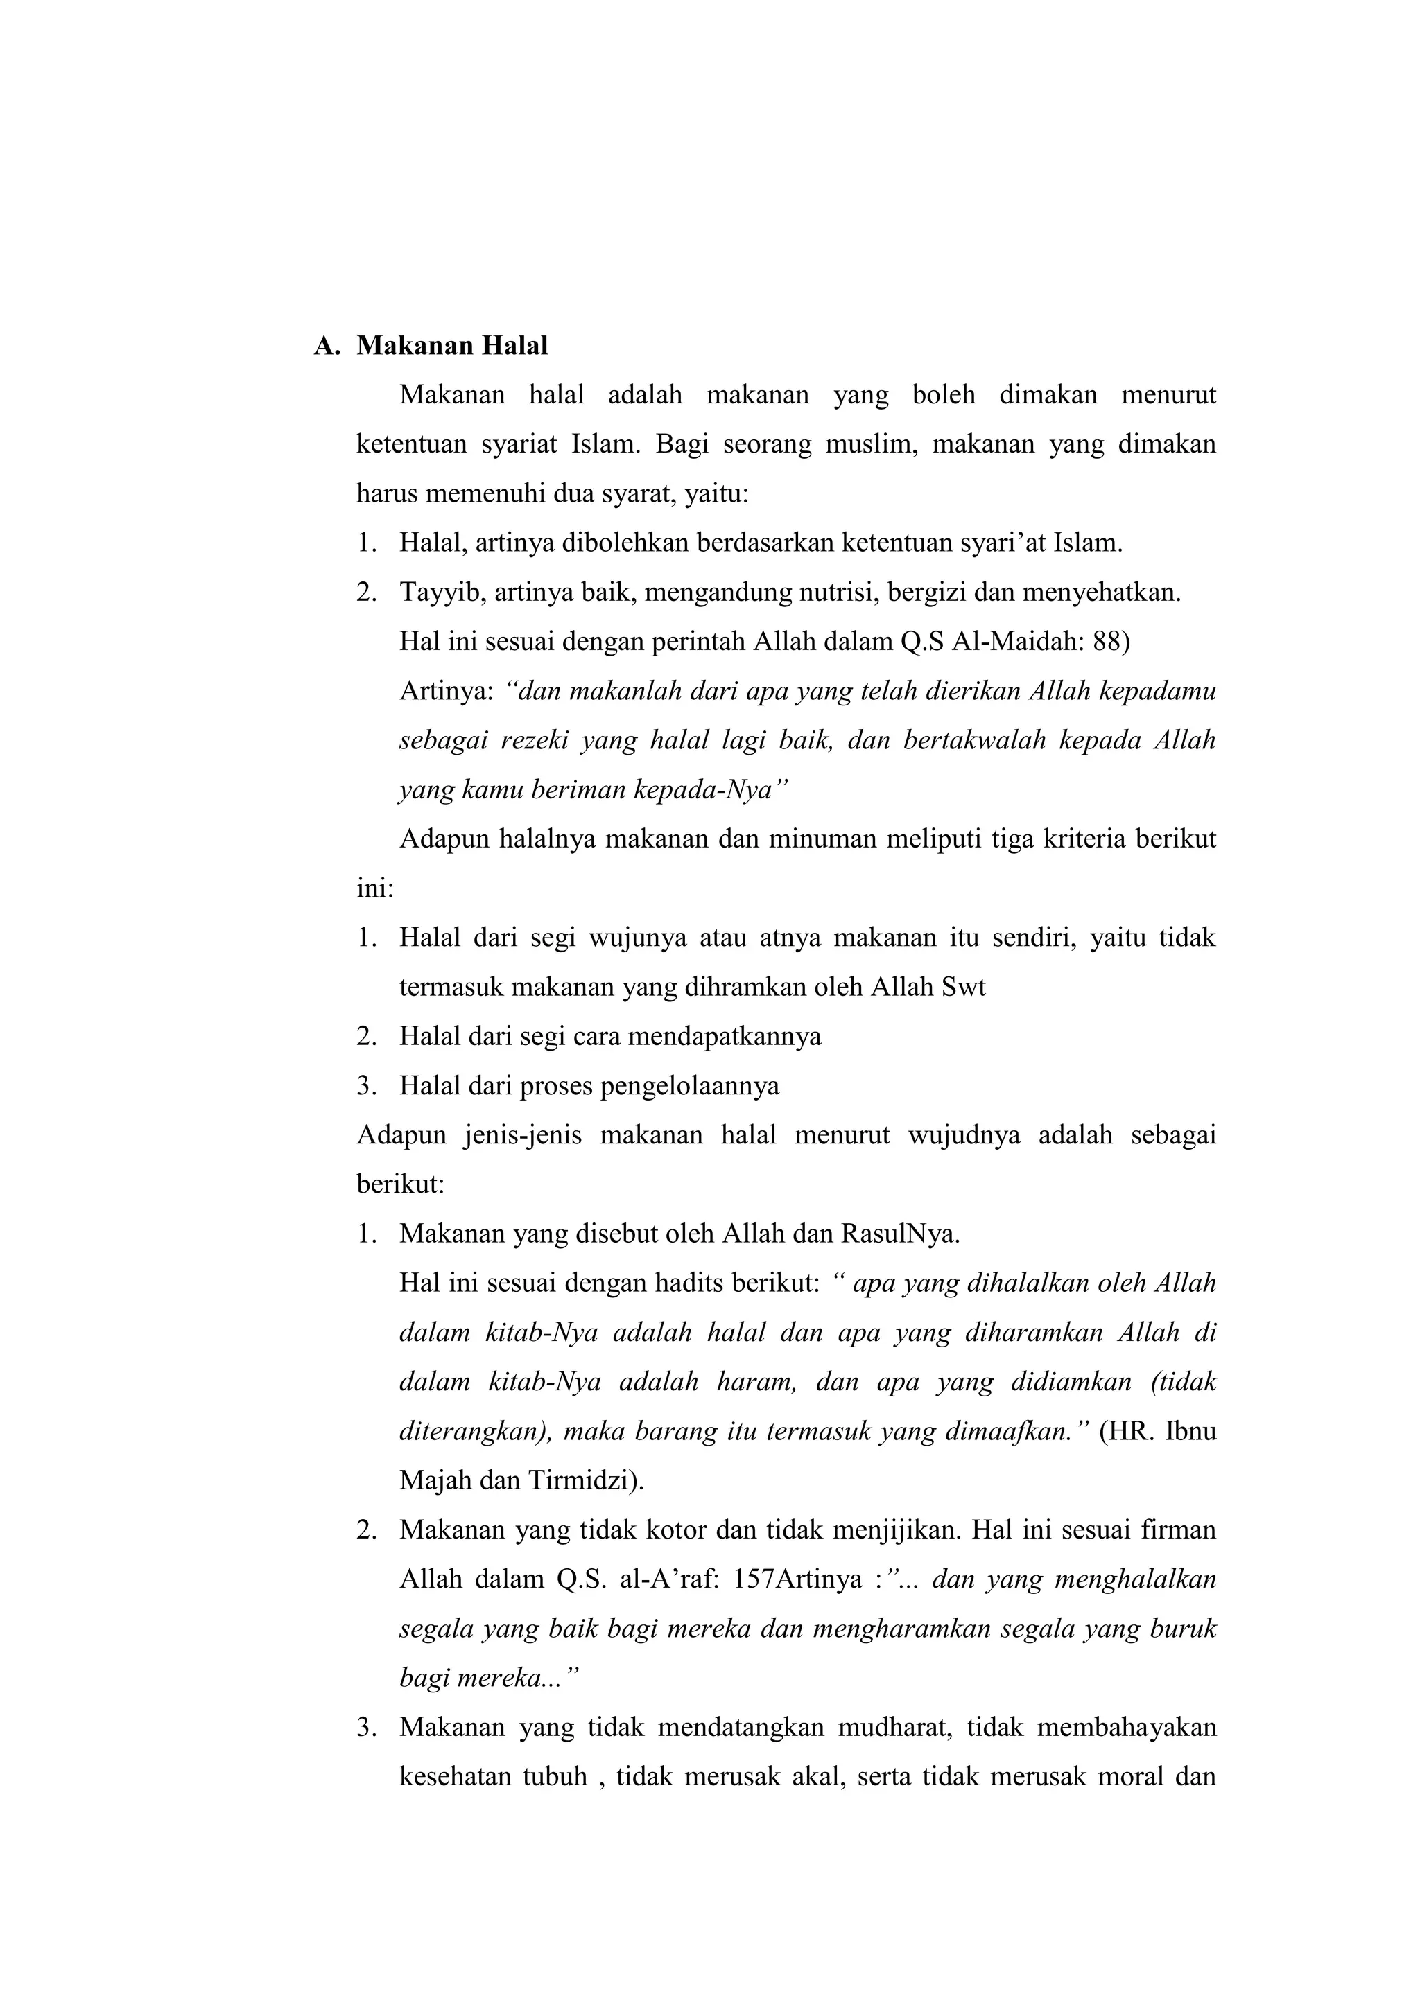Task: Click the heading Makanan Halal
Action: pyautogui.click(x=452, y=346)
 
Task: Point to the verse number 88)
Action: pyautogui.click(x=1111, y=642)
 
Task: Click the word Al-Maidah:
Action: pyautogui.click(x=1018, y=642)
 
